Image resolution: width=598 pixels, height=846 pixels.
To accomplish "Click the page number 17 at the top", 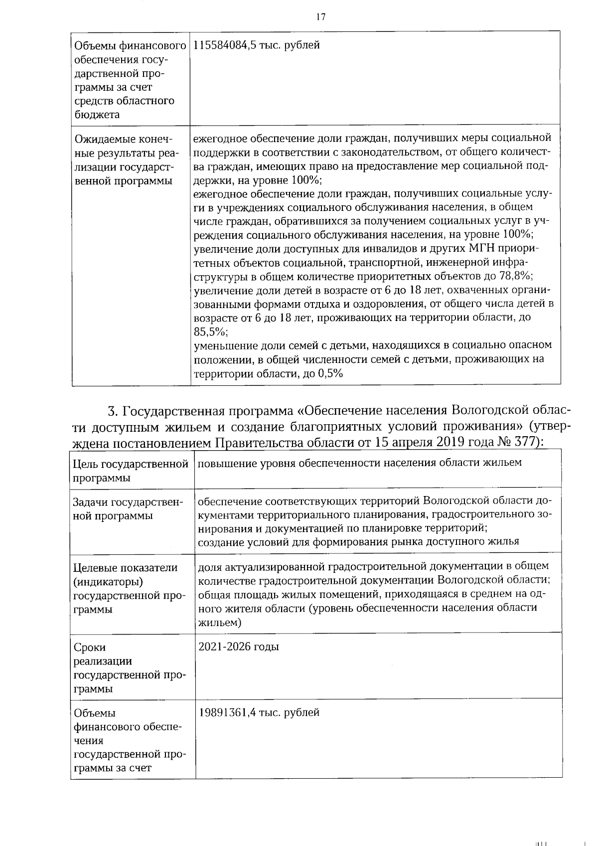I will (320, 17).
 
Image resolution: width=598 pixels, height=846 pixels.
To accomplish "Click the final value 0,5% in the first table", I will (330, 373).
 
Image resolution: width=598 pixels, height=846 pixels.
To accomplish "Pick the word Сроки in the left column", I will (90, 648).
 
